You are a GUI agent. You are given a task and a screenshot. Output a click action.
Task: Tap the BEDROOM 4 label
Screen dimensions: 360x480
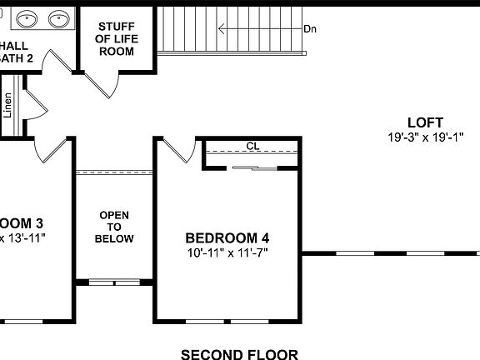227,237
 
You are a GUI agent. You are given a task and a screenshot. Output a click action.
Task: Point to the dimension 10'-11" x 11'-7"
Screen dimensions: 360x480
227,252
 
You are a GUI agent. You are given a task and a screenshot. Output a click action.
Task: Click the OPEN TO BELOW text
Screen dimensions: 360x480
114,227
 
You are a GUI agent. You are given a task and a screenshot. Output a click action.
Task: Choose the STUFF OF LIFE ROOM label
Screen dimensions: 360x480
117,38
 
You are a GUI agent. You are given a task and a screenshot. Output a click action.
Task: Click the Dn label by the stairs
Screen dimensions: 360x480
310,29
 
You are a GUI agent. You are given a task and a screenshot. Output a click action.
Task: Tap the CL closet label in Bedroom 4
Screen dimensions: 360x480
252,146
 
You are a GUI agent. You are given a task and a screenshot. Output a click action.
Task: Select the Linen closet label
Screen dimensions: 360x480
7,105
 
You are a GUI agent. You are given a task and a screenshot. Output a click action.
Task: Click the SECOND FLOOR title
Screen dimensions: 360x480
239,354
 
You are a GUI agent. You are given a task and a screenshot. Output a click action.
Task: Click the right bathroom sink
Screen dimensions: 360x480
58,17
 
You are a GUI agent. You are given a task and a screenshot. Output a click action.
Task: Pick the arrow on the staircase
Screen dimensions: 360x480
258,29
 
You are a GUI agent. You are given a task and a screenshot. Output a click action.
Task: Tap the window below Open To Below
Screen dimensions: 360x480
114,282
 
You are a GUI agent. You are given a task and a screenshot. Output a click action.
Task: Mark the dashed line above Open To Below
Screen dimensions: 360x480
114,173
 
